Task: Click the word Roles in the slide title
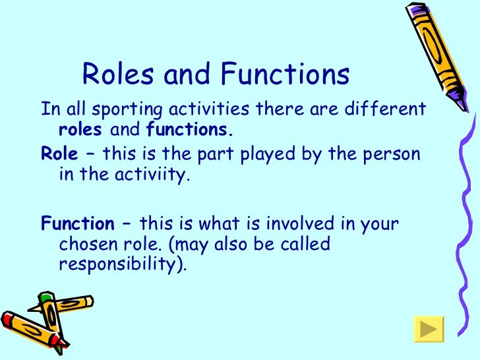coord(112,75)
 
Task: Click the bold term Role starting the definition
coord(59,154)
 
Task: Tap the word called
coord(305,245)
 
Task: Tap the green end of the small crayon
coord(44,298)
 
